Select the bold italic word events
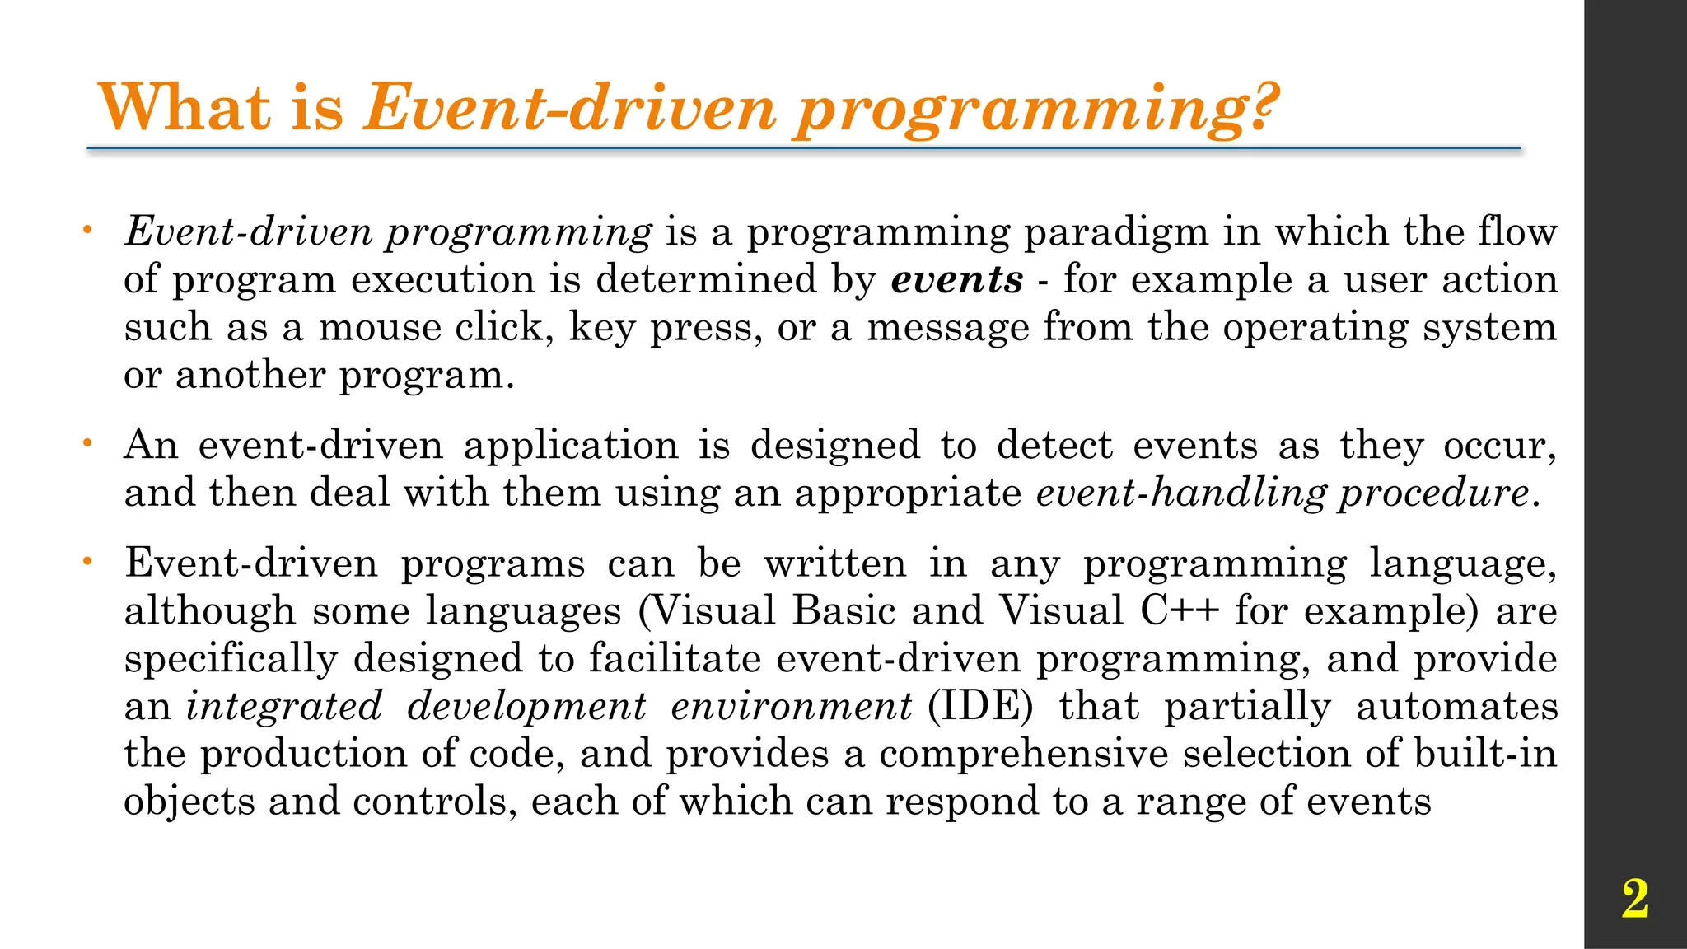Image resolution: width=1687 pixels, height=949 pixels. click(x=957, y=279)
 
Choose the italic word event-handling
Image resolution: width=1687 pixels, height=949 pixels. click(x=1180, y=493)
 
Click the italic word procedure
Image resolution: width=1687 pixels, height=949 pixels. click(x=1434, y=493)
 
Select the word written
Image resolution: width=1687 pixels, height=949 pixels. click(x=835, y=564)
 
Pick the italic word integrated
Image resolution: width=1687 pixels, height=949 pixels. click(x=284, y=707)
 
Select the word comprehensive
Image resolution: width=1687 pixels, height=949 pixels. click(x=1023, y=755)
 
